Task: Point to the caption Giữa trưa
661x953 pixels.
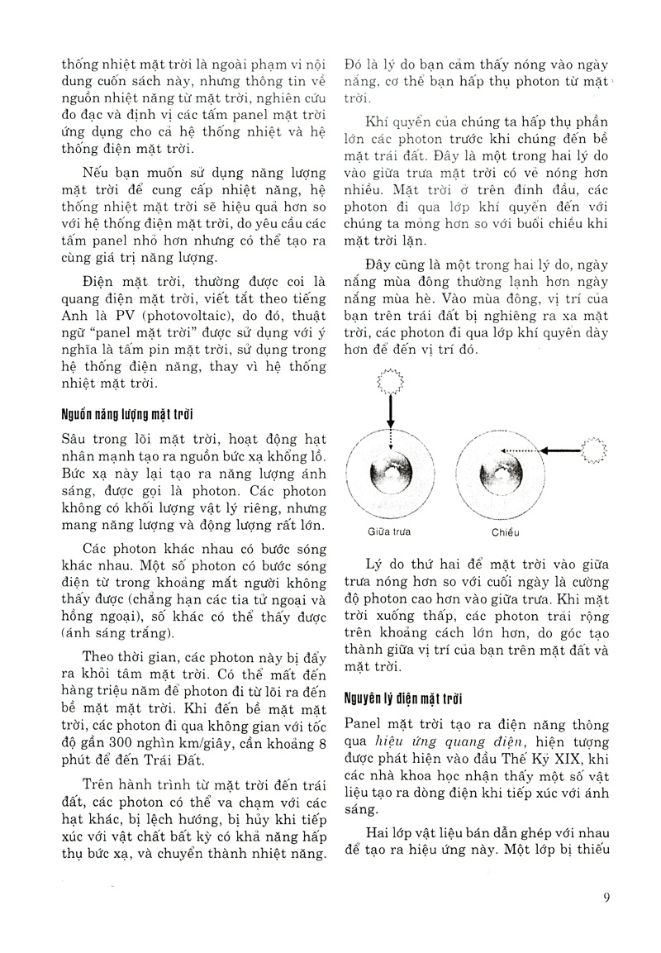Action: pos(387,532)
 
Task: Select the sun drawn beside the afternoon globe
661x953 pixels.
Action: pos(594,450)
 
